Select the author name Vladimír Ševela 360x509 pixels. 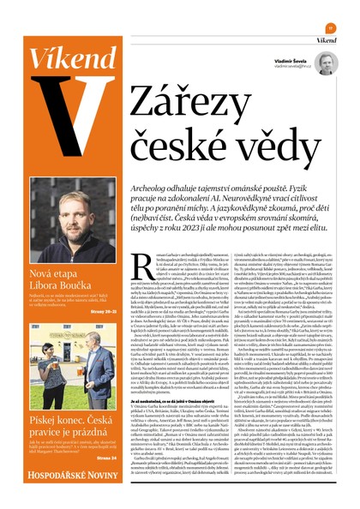coord(290,61)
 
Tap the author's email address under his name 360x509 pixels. coord(289,67)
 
